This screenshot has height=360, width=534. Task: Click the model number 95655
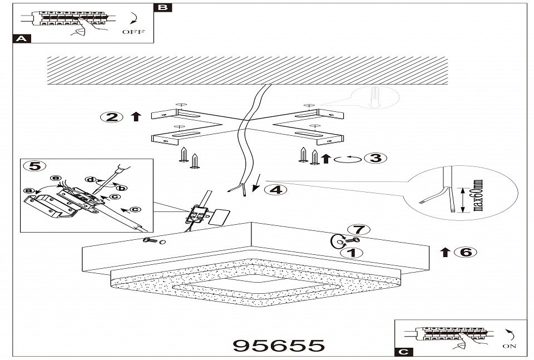tap(278, 345)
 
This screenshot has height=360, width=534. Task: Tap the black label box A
tap(21, 39)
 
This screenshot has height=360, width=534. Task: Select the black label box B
tap(162, 7)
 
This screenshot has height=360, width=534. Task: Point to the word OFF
tap(133, 32)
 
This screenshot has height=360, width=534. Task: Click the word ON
tap(509, 346)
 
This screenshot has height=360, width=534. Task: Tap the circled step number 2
tap(112, 117)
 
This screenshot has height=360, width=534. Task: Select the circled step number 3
tap(375, 158)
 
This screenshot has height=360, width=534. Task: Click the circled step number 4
tap(275, 189)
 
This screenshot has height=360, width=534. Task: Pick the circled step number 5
tap(34, 166)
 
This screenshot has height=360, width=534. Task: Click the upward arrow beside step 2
tap(135, 117)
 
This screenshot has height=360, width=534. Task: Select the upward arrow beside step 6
tap(445, 251)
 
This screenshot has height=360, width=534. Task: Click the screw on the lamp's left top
tap(149, 240)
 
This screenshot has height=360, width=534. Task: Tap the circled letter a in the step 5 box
tap(28, 190)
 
